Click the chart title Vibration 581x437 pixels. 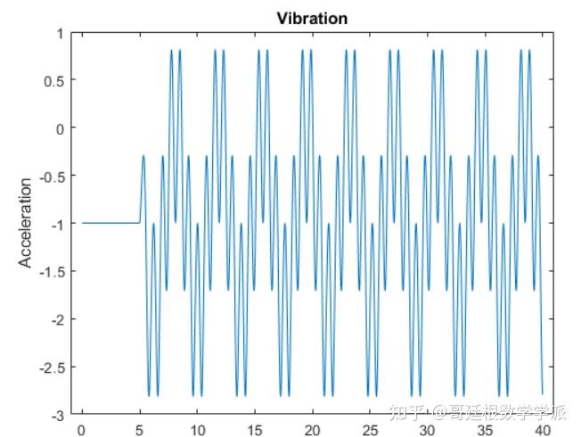[312, 18]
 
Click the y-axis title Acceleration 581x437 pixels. [26, 223]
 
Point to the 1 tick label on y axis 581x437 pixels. [61, 33]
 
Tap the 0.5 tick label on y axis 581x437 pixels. [54, 81]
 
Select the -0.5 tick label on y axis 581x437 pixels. [52, 176]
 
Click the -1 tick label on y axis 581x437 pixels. [58, 224]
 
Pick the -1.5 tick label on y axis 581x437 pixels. [52, 271]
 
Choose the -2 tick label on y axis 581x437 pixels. [58, 319]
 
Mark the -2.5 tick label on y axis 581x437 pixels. [52, 367]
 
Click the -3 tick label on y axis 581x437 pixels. [58, 415]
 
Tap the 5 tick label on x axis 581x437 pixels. [140, 429]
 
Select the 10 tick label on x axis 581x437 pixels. [197, 429]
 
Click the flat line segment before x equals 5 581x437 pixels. [110, 223]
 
